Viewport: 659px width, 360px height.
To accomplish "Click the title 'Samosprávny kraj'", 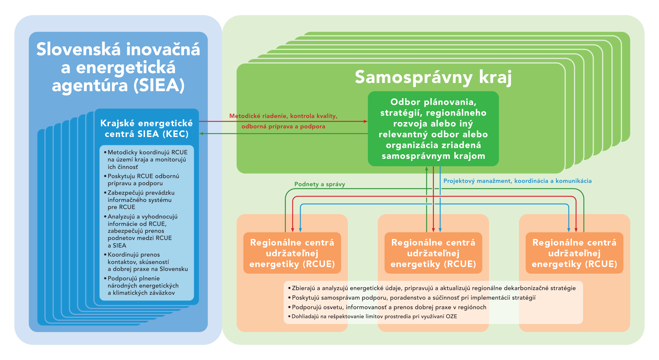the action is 433,77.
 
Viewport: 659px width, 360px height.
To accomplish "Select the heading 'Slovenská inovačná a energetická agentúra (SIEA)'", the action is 118,67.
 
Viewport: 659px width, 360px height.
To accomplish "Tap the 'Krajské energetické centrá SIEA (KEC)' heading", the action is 146,128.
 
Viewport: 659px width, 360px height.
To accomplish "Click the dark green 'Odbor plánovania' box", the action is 433,129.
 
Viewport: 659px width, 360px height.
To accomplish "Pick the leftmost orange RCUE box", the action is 292,253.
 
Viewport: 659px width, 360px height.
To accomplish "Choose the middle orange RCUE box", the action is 433,253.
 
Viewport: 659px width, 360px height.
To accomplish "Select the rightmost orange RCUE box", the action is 574,253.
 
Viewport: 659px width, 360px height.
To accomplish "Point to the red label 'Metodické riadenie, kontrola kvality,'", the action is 283,116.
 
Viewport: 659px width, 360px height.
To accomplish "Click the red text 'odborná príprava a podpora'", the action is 283,127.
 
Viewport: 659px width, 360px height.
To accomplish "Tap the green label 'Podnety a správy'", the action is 319,184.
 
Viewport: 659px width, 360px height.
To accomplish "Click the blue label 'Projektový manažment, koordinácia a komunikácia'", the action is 517,181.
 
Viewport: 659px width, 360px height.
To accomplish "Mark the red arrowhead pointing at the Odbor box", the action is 366,121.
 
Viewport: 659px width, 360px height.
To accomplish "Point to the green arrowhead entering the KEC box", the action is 202,134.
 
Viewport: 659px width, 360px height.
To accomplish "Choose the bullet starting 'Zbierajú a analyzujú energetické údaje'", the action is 432,288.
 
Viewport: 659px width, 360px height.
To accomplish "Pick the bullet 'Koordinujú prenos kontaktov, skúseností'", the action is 146,262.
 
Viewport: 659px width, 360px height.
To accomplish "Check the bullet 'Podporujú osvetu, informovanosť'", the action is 387,307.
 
